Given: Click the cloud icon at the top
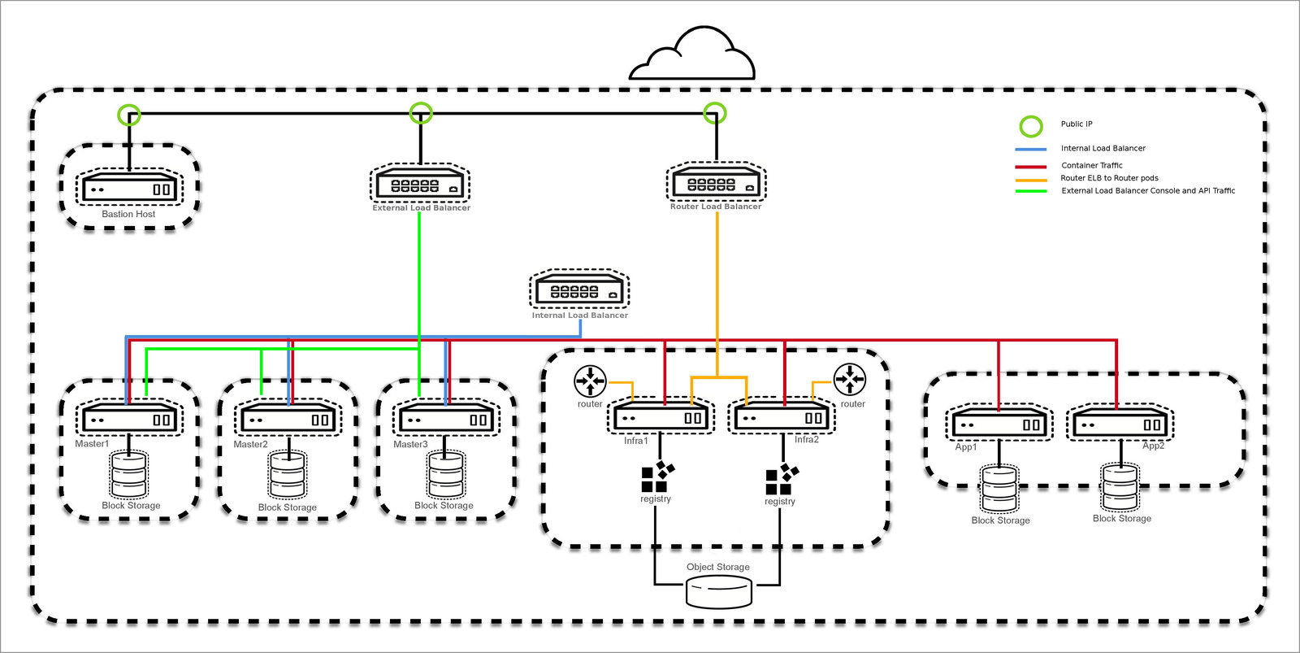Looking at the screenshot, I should click(693, 57).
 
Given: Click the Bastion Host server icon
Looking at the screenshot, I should click(129, 189).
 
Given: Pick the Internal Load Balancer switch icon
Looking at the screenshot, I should click(579, 290).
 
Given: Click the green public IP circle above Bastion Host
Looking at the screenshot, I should click(129, 115).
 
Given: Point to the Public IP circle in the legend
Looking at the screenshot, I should click(1030, 126).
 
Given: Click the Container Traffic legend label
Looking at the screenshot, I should click(1091, 165).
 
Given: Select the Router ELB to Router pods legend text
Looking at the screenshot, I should click(1109, 178).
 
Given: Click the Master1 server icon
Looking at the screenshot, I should click(129, 420).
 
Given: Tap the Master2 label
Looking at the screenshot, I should click(250, 444).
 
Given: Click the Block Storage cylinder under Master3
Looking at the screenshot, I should click(446, 475).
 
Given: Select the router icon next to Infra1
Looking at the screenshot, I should click(590, 381).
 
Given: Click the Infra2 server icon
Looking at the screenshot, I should click(782, 418).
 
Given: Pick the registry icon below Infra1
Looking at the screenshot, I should click(656, 477).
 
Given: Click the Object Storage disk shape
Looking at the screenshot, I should click(718, 591).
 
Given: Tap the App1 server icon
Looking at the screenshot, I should click(999, 424).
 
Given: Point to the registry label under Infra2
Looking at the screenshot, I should click(779, 502).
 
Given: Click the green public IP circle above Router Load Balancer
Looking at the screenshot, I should click(714, 113).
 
